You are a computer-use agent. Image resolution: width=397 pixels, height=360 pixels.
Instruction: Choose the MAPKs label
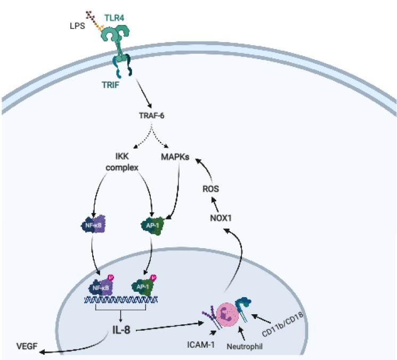[x=175, y=158]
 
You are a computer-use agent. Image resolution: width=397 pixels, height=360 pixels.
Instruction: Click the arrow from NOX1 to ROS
[x=216, y=203]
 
